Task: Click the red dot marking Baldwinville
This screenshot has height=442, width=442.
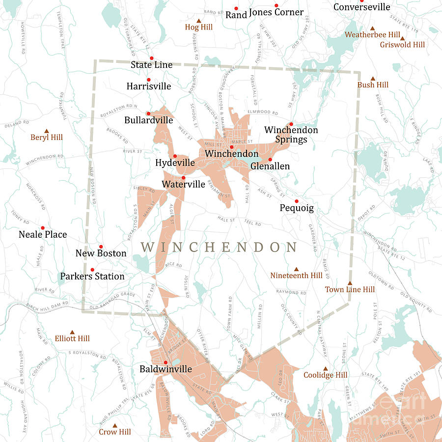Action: point(166,362)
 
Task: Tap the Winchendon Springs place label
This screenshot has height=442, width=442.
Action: point(291,135)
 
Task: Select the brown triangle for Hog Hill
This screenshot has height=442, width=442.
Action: point(199,21)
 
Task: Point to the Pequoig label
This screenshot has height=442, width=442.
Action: point(297,208)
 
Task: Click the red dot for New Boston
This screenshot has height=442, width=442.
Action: point(101,247)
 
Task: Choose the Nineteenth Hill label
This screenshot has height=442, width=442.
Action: point(296,276)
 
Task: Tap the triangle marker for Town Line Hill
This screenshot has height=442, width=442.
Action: point(350,283)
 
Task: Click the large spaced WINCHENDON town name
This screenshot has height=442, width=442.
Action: point(219,247)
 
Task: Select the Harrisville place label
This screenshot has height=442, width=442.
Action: point(149,86)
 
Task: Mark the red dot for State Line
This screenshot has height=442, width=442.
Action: point(152,58)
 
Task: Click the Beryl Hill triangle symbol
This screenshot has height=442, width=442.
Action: point(47,131)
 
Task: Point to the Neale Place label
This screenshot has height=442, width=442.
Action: point(43,235)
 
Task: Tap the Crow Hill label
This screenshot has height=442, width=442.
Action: point(115,432)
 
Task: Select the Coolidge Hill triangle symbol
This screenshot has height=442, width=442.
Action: point(325,369)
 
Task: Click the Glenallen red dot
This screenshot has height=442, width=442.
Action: point(270,160)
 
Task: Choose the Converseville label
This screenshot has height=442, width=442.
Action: point(361,7)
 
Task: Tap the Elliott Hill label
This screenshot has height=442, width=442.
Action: point(72,338)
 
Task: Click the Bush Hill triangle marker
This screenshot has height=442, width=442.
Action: point(373,79)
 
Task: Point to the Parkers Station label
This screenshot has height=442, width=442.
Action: point(92,276)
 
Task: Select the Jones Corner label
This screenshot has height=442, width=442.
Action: point(276,12)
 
